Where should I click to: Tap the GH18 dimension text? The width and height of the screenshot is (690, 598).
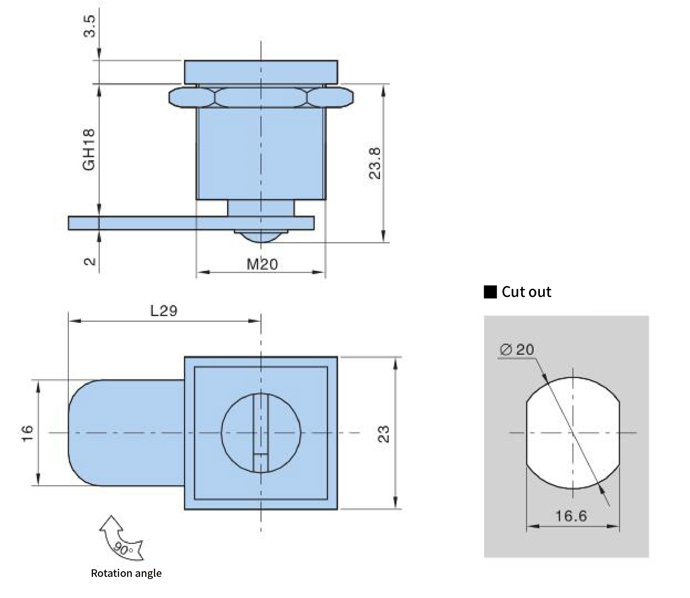coord(89,150)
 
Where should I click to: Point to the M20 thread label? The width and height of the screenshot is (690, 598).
coord(262,264)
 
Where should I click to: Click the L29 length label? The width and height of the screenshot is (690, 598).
coord(164,311)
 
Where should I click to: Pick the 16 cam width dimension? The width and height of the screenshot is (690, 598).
coord(27,433)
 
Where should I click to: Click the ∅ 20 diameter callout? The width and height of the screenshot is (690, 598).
coord(517,349)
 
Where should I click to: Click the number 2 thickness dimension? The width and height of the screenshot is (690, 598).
coord(89,261)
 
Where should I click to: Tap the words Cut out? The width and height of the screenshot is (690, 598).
coord(526,292)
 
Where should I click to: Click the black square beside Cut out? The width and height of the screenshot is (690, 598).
coord(490,292)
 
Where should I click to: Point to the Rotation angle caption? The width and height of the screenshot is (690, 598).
coord(126,573)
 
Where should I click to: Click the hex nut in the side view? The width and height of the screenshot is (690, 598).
coord(261,97)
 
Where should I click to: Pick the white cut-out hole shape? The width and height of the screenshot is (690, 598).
coord(573,433)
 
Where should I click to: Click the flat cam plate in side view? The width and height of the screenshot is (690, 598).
coord(191,223)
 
